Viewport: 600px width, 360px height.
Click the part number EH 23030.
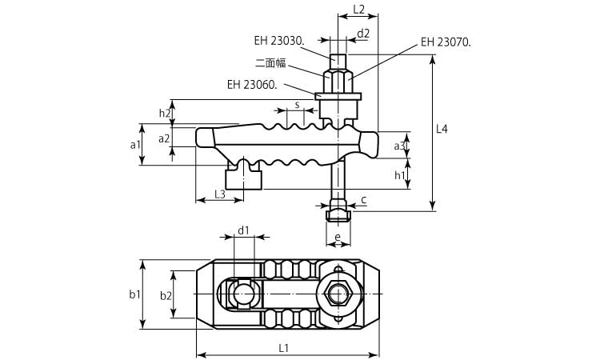(x=279, y=41)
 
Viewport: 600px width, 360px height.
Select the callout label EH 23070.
(x=446, y=42)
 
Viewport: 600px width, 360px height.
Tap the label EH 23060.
(x=252, y=85)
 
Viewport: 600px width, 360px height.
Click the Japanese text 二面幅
(x=270, y=62)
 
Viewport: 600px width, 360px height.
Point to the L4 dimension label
(x=442, y=129)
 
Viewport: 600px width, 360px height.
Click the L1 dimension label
(x=283, y=348)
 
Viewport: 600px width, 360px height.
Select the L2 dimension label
(x=358, y=10)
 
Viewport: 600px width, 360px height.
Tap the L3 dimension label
(x=220, y=194)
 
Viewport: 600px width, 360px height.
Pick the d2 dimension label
(x=363, y=34)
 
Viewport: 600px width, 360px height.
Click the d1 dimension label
(x=243, y=230)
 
